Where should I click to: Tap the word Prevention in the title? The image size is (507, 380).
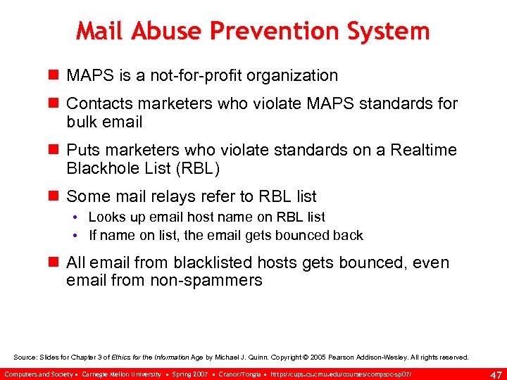pyautogui.click(x=282, y=31)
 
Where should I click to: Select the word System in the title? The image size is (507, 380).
pyautogui.click(x=390, y=31)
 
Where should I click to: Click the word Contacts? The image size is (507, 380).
pyautogui.click(x=94, y=103)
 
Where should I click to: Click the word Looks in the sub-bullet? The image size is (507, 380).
pyautogui.click(x=106, y=217)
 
